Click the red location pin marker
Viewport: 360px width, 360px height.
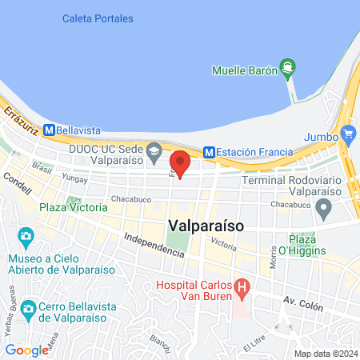(x=180, y=162)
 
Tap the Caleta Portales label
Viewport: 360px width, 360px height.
(x=97, y=18)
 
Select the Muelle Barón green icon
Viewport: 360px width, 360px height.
(x=287, y=70)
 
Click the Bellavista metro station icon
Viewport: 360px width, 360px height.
(x=50, y=128)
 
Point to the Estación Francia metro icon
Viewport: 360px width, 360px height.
(x=209, y=150)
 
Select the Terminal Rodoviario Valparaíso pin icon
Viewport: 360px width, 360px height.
(x=324, y=210)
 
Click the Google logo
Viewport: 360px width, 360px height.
(x=26, y=350)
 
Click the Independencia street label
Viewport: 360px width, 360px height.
(x=154, y=245)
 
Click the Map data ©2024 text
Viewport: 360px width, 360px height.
(x=325, y=354)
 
